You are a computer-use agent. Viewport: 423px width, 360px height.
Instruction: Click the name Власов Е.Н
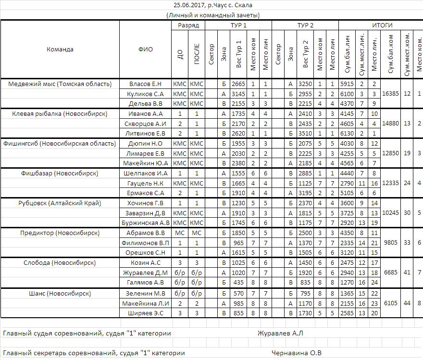(146, 84)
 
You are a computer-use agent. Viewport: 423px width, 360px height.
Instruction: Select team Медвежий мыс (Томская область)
(60, 84)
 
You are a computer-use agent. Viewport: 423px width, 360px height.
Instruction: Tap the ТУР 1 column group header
(238, 25)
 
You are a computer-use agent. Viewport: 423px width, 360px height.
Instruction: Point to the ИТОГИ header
(382, 25)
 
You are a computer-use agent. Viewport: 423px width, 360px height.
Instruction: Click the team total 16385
(390, 94)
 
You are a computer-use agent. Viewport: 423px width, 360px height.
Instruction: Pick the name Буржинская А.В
(146, 223)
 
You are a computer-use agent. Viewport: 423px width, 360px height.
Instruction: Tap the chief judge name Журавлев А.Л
(280, 333)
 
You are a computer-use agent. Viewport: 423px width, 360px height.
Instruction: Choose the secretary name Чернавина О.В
(297, 353)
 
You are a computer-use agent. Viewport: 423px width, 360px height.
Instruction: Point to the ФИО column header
(145, 50)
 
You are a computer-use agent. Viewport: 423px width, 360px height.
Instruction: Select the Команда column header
(60, 50)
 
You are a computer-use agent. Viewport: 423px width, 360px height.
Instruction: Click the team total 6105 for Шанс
(390, 303)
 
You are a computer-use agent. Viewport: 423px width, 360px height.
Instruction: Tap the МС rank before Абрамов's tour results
(180, 233)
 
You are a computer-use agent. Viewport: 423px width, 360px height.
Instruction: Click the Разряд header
(188, 25)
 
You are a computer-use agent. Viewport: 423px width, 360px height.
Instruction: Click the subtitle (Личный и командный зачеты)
(213, 15)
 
